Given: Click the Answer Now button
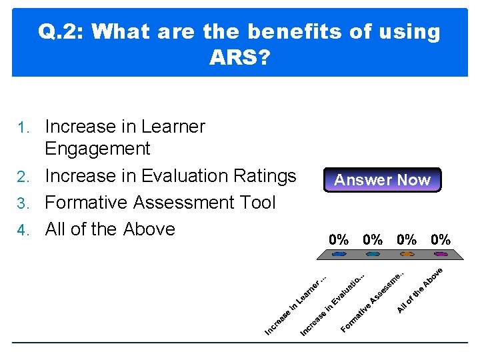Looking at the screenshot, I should pyautogui.click(x=382, y=180).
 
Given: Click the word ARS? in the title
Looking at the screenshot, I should pyautogui.click(x=239, y=59).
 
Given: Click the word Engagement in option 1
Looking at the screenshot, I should pyautogui.click(x=97, y=149).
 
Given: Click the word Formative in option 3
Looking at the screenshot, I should pyautogui.click(x=88, y=202).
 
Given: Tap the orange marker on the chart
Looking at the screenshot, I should pyautogui.click(x=407, y=254).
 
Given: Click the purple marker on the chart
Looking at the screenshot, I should pyautogui.click(x=441, y=254).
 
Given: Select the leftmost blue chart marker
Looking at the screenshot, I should pyautogui.click(x=339, y=254).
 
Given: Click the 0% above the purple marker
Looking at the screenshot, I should pyautogui.click(x=441, y=239).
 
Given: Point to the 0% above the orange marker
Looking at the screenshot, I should pyautogui.click(x=407, y=239).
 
